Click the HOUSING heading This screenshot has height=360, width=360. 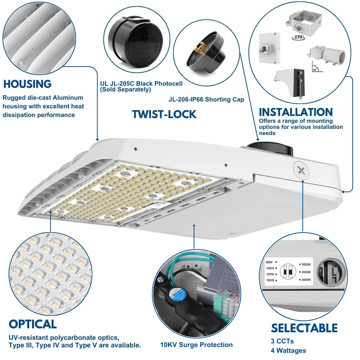pos(27,84)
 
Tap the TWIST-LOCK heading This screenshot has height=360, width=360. pos(164,114)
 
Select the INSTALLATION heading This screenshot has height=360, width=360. pos(296,112)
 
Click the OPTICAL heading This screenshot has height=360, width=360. pos(33,324)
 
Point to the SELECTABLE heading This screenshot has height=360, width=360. pos(304,328)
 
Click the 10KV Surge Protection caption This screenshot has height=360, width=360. pos(197,345)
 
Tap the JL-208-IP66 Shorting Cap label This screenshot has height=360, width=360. pos(206,99)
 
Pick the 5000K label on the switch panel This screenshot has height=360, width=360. pos(306,265)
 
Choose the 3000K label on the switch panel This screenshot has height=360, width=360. pos(306,280)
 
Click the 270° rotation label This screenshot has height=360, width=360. pos(298,37)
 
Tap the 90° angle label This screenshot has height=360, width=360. pos(315,69)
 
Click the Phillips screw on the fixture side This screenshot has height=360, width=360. pos(301,170)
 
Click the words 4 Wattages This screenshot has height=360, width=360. pos(288,350)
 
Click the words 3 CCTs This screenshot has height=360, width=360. pos(282,341)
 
